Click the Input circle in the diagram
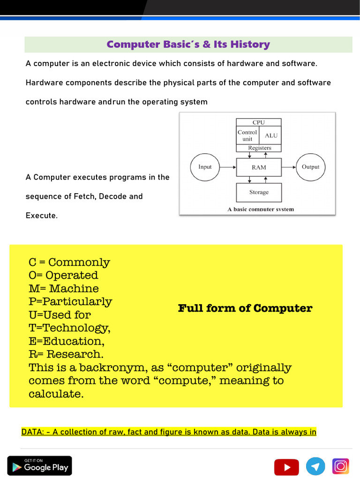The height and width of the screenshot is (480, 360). tap(205, 167)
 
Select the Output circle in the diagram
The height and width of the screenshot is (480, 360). tap(310, 167)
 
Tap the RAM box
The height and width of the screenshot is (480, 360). tap(259, 167)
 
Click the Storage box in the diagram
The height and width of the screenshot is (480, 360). tap(259, 192)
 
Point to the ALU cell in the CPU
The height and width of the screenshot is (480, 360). tap(271, 135)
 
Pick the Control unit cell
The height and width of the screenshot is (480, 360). tap(247, 135)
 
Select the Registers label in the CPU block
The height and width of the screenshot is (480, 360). tap(259, 148)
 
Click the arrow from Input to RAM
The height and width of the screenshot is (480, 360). tap(228, 167)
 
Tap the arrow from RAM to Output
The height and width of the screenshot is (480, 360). tap(288, 167)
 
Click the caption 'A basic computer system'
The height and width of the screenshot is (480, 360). tap(261, 210)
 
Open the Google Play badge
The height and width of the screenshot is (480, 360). tap(40, 465)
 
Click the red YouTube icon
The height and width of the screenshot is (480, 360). tap(286, 467)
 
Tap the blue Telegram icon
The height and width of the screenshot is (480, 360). tap(315, 466)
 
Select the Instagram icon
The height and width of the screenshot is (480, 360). tap(341, 466)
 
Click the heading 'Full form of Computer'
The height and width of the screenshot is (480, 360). tap(245, 308)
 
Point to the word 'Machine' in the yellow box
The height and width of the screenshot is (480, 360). tap(74, 289)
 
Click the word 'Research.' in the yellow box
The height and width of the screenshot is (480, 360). tap(75, 354)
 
